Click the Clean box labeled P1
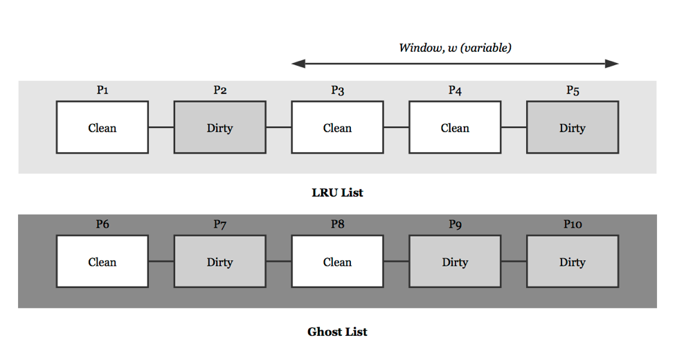pos(102,127)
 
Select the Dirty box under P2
pos(219,127)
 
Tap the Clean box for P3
pos(337,127)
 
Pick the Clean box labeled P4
pos(455,127)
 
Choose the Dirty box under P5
pos(573,127)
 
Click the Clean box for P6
pos(102,262)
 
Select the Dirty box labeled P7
pos(219,262)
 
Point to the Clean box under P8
pos(337,262)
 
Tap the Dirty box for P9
pos(455,262)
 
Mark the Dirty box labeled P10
pos(573,262)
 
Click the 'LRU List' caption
pos(337,192)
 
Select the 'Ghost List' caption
pos(337,332)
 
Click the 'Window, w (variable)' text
pos(455,48)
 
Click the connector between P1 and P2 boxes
pos(161,127)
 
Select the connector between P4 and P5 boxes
pos(514,127)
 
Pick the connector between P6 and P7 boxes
pos(161,262)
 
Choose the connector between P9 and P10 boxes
pos(514,262)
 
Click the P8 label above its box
pos(337,224)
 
